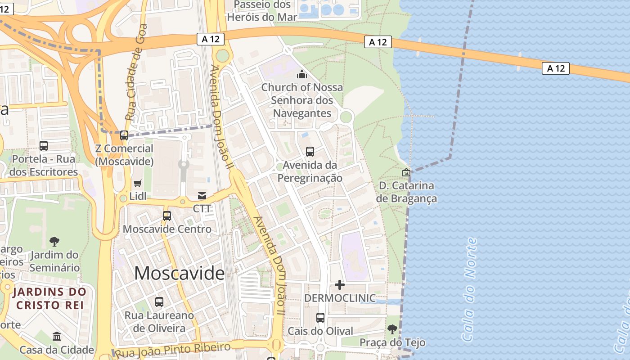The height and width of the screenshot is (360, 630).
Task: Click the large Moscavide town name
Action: [179, 273]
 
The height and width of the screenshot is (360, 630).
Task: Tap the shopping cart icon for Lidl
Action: [138, 183]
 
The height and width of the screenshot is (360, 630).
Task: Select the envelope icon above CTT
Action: [202, 195]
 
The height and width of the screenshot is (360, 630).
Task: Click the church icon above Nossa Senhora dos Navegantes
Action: [301, 74]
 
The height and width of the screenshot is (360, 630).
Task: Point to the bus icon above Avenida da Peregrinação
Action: [310, 152]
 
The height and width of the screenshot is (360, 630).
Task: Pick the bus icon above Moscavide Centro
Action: [167, 216]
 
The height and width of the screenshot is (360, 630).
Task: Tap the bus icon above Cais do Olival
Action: [320, 318]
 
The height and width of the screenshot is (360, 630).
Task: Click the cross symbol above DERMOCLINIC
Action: [340, 284]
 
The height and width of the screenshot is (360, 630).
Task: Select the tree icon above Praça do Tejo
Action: [392, 329]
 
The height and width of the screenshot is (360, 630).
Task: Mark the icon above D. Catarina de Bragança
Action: [406, 172]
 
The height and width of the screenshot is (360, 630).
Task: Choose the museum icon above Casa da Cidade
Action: [57, 336]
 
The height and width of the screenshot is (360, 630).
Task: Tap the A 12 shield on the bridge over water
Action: [556, 68]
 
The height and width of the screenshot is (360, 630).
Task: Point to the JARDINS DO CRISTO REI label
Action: [49, 298]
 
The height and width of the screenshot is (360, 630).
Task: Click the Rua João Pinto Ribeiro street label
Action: [173, 349]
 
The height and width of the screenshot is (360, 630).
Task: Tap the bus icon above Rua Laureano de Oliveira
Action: [159, 301]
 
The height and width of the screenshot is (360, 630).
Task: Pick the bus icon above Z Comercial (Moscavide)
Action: [124, 135]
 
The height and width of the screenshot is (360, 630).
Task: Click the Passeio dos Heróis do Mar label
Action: [262, 11]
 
